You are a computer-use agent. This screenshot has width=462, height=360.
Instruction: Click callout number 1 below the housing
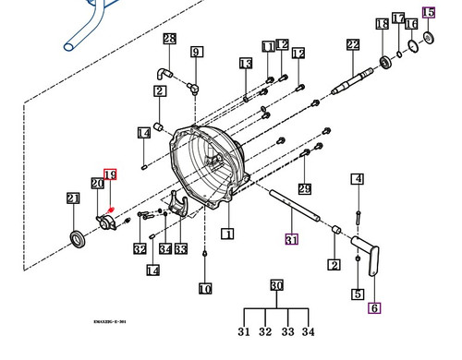click(x=227, y=234)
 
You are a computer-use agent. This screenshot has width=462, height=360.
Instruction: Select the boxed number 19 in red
click(x=110, y=174)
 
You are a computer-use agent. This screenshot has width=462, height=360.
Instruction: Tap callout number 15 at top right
click(x=428, y=13)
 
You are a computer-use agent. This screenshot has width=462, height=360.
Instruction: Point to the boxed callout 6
click(x=374, y=309)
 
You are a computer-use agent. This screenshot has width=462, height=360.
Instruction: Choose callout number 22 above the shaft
click(x=353, y=44)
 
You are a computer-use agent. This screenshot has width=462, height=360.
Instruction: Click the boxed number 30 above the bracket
click(x=275, y=285)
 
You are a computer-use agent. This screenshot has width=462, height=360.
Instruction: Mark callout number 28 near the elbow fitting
click(x=169, y=39)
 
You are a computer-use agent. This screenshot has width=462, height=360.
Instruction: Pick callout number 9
click(x=196, y=53)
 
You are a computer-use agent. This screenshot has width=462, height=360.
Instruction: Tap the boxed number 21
click(x=73, y=198)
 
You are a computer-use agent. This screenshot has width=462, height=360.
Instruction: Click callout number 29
click(x=305, y=188)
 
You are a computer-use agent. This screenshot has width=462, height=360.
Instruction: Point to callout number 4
click(x=357, y=179)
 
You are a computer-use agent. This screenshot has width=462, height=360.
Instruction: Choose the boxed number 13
click(x=245, y=64)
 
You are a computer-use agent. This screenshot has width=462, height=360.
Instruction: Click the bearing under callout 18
click(x=384, y=64)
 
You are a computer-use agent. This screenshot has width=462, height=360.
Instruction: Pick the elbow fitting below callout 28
click(x=164, y=72)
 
